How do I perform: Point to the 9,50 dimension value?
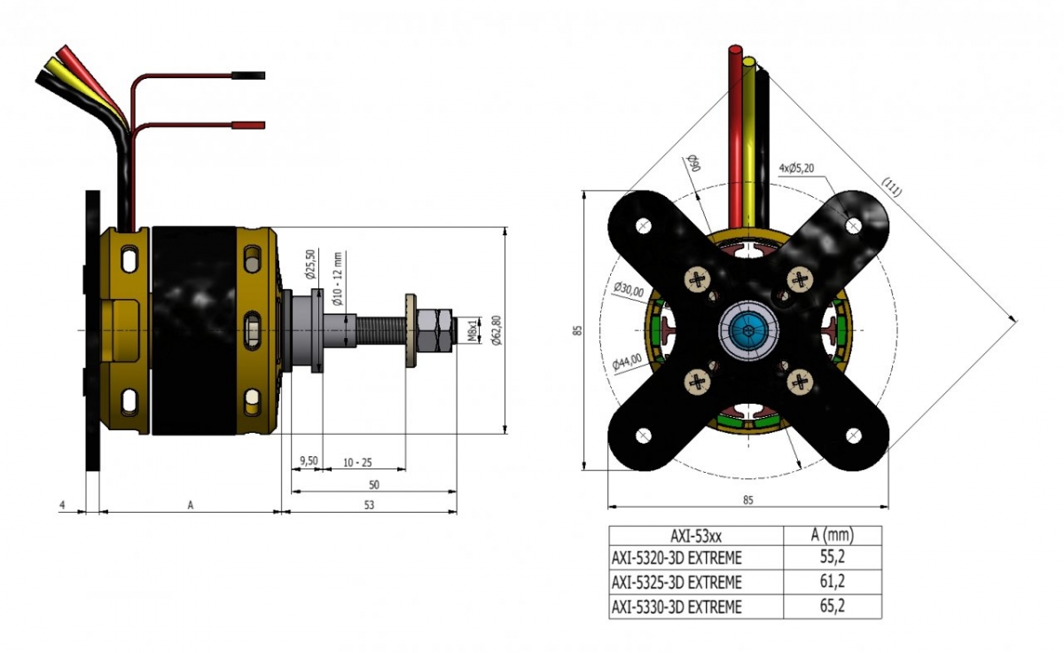(x=309, y=460)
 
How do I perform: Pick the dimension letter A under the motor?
(x=190, y=505)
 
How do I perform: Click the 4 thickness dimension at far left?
(x=62, y=505)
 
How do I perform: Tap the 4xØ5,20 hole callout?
(x=796, y=167)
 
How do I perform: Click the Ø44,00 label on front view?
(x=626, y=360)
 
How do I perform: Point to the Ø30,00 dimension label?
(x=628, y=288)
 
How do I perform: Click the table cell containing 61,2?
(x=833, y=582)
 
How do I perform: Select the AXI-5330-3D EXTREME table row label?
(x=676, y=607)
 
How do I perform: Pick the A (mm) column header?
(x=833, y=535)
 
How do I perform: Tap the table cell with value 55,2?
(x=833, y=558)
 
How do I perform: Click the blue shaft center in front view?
(x=750, y=331)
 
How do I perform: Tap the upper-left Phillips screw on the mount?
(x=698, y=279)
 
